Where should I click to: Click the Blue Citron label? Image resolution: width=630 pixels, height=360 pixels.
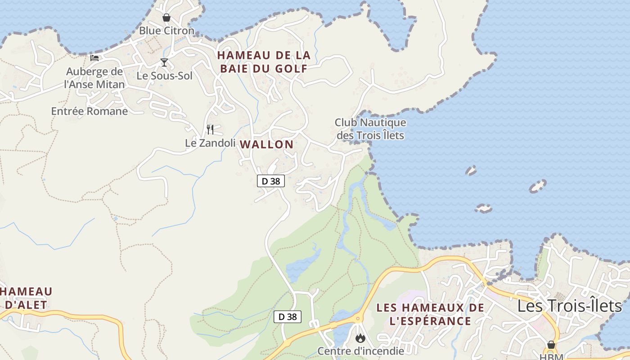coord(166,31)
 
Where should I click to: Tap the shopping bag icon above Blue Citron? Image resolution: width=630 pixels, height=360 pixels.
coord(166,18)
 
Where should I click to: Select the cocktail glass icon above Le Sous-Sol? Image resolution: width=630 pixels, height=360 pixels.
coord(164,63)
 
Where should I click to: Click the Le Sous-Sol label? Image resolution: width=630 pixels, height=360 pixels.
coord(164,76)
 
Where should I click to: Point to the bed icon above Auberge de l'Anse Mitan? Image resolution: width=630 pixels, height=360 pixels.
coord(94,58)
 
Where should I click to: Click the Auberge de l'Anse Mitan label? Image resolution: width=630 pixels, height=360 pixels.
coord(94,78)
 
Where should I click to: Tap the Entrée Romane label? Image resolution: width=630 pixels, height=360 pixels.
coord(90,111)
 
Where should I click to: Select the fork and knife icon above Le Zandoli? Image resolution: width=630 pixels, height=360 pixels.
coord(210,130)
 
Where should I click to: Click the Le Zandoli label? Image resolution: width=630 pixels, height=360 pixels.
coord(210,143)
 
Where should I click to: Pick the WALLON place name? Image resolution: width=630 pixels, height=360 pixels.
coord(267,144)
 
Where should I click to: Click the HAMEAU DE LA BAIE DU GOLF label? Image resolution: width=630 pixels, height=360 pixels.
coord(264,62)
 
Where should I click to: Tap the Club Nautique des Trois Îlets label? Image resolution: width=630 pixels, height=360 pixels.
coord(370,129)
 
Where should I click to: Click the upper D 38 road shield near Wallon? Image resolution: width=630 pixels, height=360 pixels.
coord(271,181)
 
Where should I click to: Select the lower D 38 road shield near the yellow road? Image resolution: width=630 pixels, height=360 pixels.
coord(288,316)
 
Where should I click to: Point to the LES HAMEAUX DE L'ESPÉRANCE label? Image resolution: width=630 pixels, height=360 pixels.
coord(430,314)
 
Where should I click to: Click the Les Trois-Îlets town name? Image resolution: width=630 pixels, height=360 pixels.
coord(569,306)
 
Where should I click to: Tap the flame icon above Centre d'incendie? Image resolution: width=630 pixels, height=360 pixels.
coord(360,337)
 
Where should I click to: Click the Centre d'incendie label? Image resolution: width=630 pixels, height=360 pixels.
coord(360,350)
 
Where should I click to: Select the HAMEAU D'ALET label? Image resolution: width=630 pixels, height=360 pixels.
coord(26,298)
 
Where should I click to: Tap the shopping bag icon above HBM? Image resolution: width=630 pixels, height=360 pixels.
coord(551,345)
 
